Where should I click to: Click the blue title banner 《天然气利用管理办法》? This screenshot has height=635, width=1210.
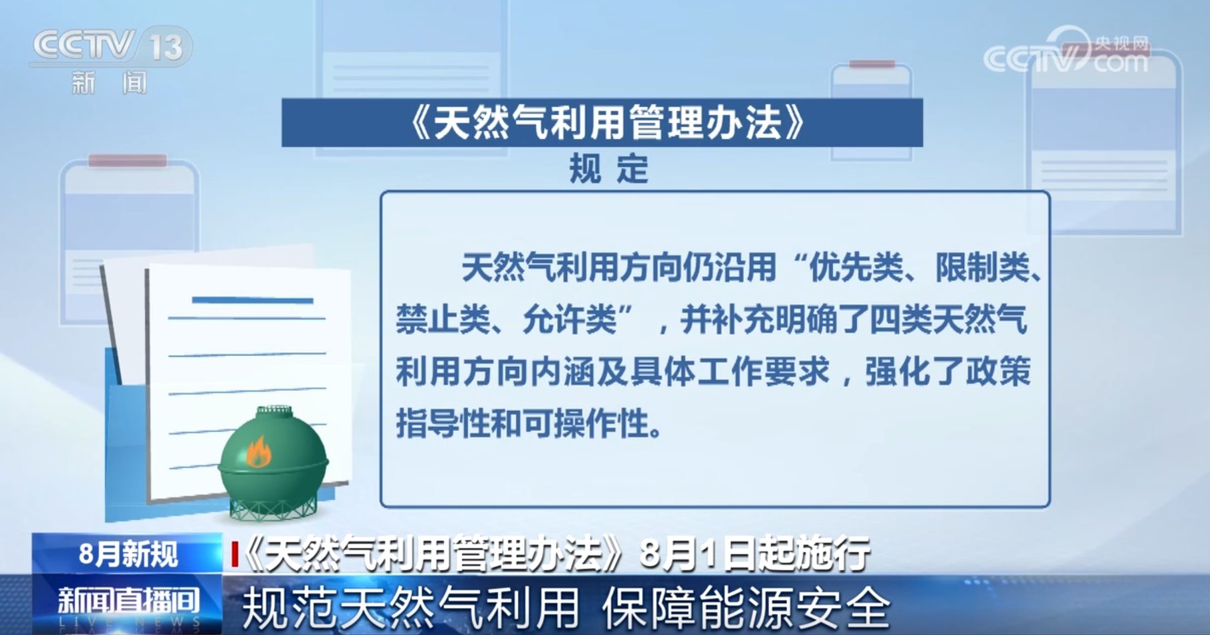(x=602, y=122)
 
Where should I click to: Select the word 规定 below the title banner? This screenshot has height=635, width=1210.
(x=608, y=169)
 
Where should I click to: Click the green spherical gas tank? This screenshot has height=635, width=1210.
(x=273, y=455)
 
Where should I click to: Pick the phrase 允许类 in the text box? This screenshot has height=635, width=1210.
(x=569, y=320)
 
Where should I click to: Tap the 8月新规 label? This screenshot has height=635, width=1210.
(x=128, y=554)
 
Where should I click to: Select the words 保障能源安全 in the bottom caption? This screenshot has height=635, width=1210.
(x=746, y=608)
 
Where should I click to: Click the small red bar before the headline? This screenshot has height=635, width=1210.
(x=235, y=554)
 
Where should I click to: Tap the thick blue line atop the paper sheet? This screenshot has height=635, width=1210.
(x=253, y=300)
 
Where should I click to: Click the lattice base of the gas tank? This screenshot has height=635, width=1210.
(x=273, y=508)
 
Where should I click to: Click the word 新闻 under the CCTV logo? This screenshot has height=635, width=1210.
(x=109, y=83)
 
